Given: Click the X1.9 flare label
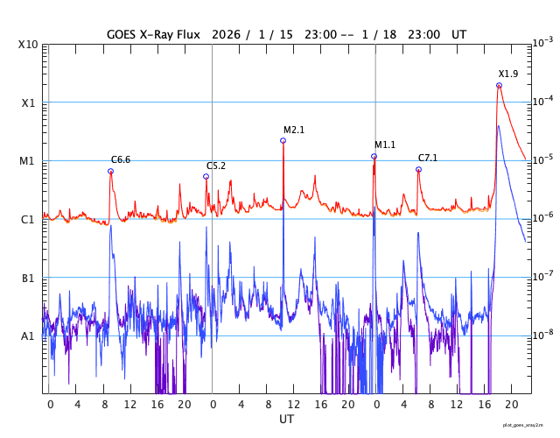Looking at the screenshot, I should [508, 74].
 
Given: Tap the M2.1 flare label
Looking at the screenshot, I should [294, 131].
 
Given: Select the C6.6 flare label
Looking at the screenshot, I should [121, 160].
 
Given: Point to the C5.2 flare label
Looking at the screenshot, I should [216, 166].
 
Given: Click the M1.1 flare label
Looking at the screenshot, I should [385, 145].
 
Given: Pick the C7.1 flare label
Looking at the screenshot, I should [428, 159].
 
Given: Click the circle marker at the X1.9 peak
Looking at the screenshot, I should [499, 86].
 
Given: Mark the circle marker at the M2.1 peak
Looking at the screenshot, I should [283, 140].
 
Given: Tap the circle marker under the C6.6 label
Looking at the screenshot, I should [110, 172].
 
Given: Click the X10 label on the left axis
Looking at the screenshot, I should [28, 45].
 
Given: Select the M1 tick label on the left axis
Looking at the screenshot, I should [28, 161].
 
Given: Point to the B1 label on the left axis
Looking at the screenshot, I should [28, 279].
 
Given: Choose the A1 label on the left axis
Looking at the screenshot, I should [28, 336].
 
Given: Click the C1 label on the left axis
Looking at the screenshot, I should [28, 220].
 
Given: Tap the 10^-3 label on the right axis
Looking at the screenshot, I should [542, 43].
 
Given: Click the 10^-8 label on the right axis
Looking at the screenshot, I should [542, 335].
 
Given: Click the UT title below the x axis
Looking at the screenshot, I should [287, 420].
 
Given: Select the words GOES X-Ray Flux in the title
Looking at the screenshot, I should [153, 33].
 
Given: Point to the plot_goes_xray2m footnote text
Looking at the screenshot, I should [529, 425].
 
